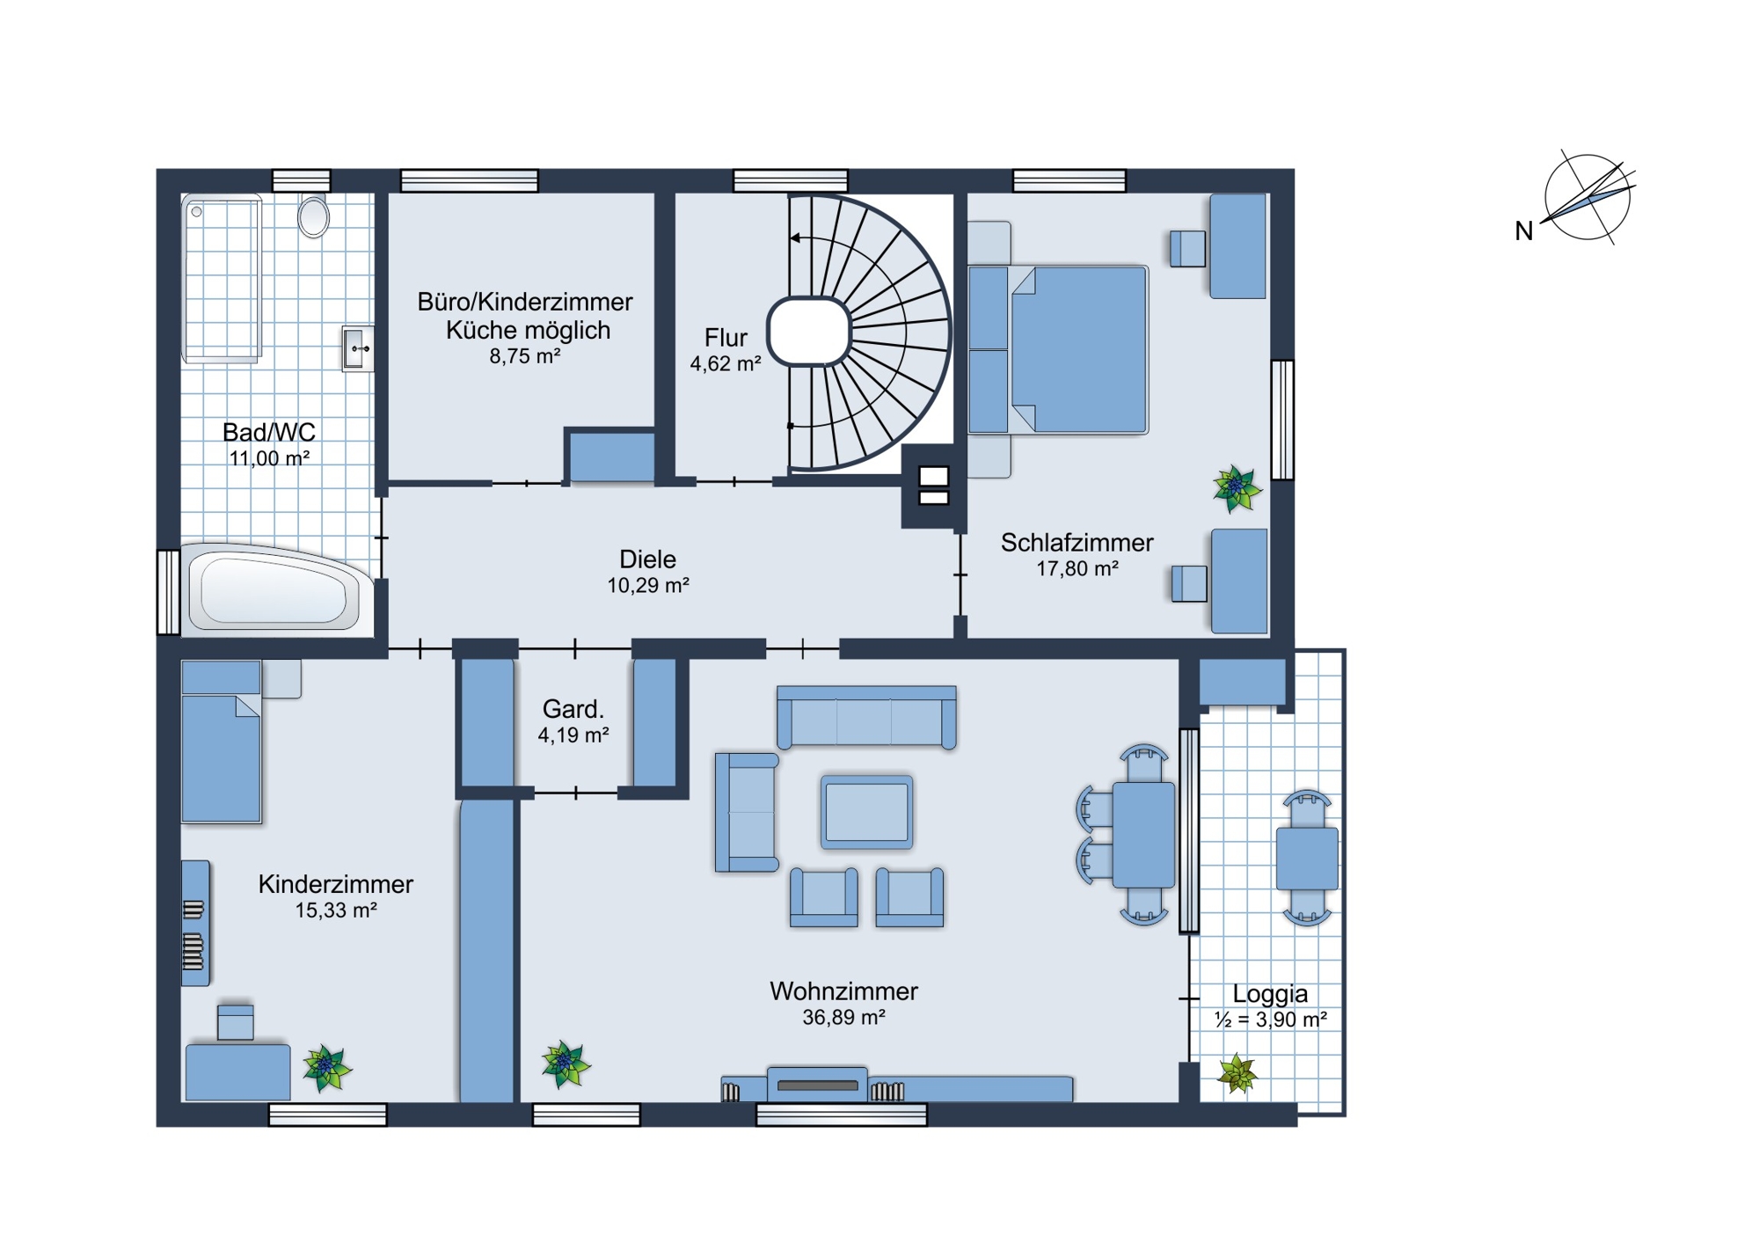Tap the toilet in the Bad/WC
313,216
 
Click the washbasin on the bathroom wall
357,349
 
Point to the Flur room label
726,338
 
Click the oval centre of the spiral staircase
809,332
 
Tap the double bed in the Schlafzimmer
1058,350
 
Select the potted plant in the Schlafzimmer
1237,488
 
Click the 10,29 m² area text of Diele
648,586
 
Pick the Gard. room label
573,709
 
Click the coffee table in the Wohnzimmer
866,812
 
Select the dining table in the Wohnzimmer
1143,834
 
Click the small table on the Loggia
1307,859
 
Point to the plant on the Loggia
1237,1073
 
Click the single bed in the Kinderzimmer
221,742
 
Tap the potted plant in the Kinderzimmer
327,1068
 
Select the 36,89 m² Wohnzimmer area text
843,1018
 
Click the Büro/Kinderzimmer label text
525,302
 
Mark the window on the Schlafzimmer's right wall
1283,420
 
